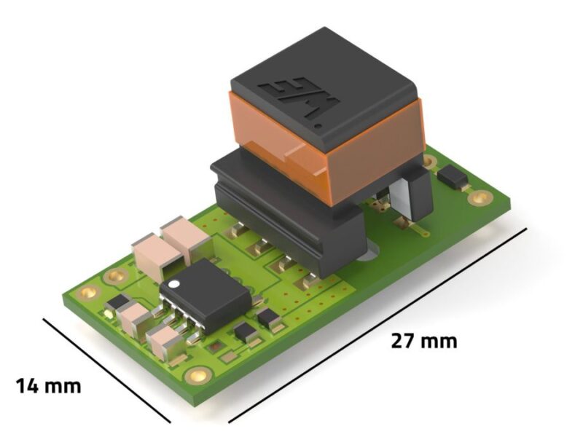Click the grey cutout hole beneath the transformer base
(x=369, y=252)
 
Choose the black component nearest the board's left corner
(x=117, y=302)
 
